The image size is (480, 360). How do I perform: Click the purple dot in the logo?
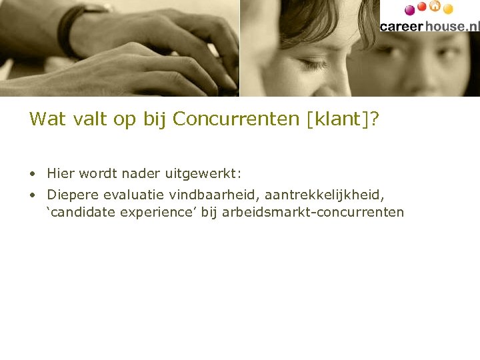click(x=410, y=11)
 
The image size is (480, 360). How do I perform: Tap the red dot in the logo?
click(x=422, y=7)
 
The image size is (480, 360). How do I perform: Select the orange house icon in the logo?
click(x=435, y=7)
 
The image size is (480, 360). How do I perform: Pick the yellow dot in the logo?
click(x=448, y=9)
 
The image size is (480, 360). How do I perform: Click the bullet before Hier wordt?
click(x=32, y=175)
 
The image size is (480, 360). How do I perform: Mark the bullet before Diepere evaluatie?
click(x=32, y=195)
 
